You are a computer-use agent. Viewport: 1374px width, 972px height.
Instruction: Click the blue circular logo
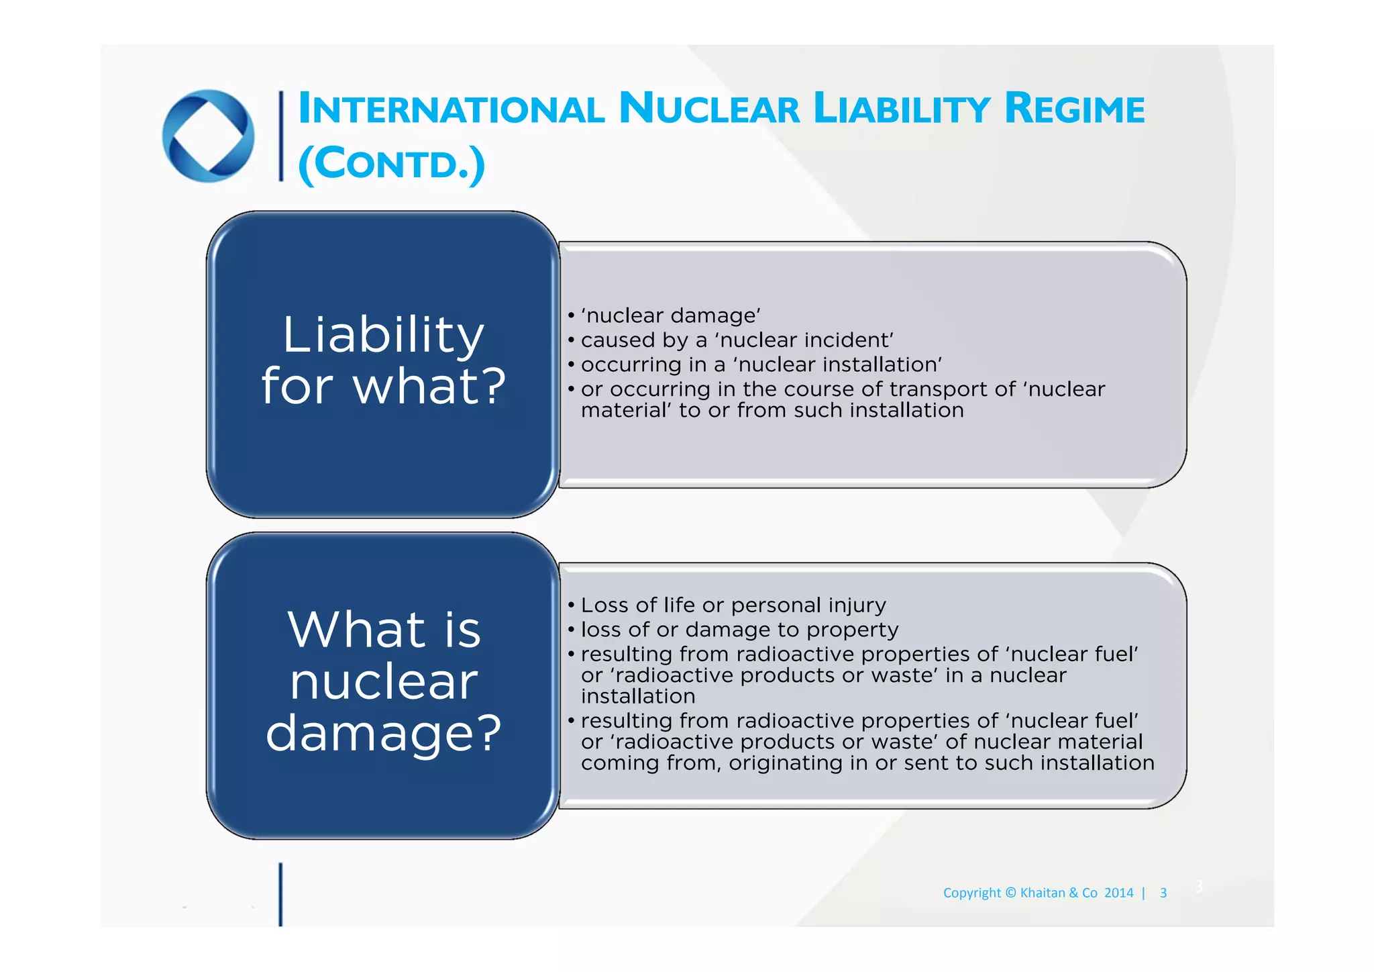click(208, 136)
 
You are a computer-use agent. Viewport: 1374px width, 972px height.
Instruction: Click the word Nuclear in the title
click(709, 109)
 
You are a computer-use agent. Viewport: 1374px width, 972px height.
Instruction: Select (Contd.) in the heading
click(391, 163)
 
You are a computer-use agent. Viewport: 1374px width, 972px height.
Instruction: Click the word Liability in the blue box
click(383, 334)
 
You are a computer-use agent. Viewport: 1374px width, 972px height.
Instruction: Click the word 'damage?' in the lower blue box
click(383, 732)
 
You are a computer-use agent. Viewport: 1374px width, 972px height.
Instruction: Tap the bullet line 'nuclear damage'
click(670, 315)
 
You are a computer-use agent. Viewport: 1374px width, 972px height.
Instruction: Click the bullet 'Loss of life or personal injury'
click(733, 605)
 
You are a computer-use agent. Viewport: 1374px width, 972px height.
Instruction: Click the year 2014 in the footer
click(1118, 893)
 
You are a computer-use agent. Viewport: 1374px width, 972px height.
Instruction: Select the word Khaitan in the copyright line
click(1043, 893)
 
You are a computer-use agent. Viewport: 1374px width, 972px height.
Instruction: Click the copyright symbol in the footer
click(1011, 893)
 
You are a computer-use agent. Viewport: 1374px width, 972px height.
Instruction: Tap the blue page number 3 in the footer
click(1163, 893)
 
